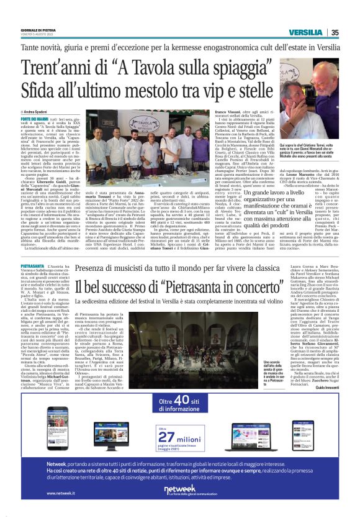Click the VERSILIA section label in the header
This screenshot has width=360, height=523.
click(x=305, y=33)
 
